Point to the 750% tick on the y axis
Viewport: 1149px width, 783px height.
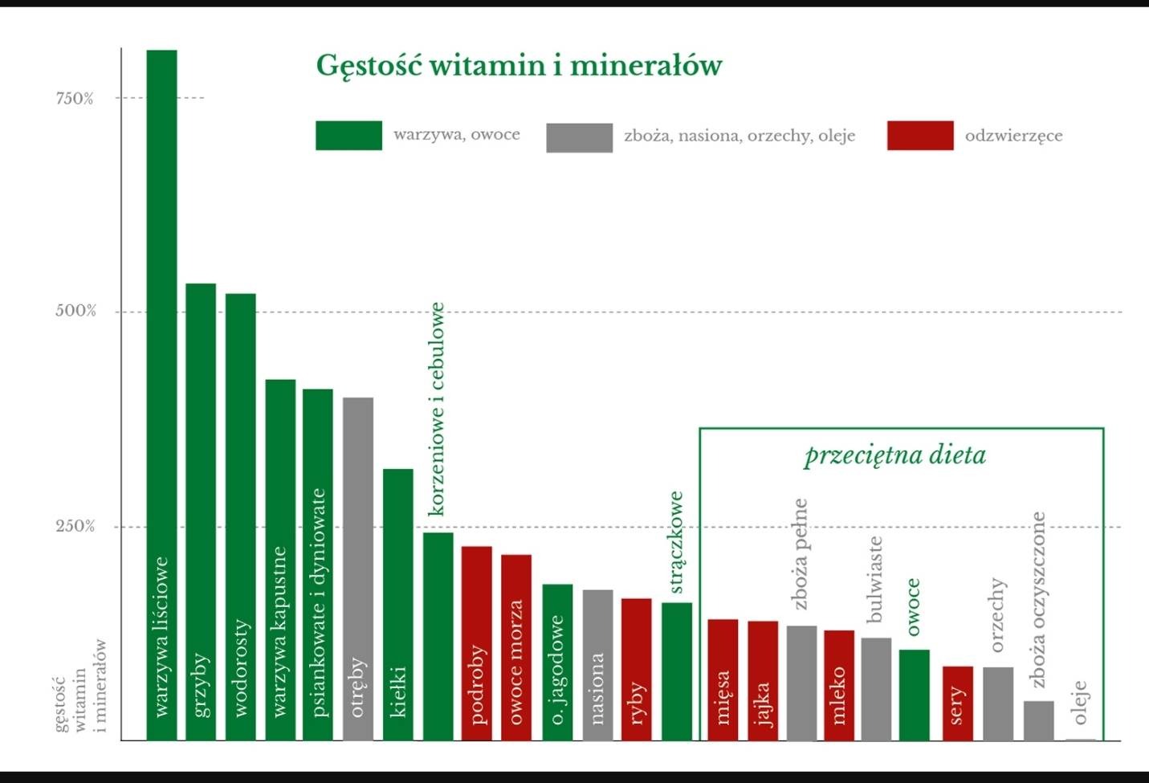point(75,99)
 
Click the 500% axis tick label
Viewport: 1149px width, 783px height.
point(75,312)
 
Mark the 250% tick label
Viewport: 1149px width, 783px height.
point(75,527)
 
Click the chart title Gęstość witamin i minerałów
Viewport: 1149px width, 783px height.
point(519,66)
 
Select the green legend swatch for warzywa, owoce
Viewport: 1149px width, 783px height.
point(348,136)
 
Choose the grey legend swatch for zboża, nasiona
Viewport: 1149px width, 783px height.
point(579,137)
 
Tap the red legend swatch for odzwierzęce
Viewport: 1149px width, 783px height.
point(920,136)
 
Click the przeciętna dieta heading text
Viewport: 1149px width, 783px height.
point(895,455)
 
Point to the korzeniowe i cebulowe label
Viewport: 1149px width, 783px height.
point(437,409)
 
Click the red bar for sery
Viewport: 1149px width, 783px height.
point(957,703)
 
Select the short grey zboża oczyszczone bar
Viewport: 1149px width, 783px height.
point(1038,720)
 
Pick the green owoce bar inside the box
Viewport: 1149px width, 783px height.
point(914,695)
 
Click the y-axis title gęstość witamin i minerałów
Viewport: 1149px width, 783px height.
point(80,687)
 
